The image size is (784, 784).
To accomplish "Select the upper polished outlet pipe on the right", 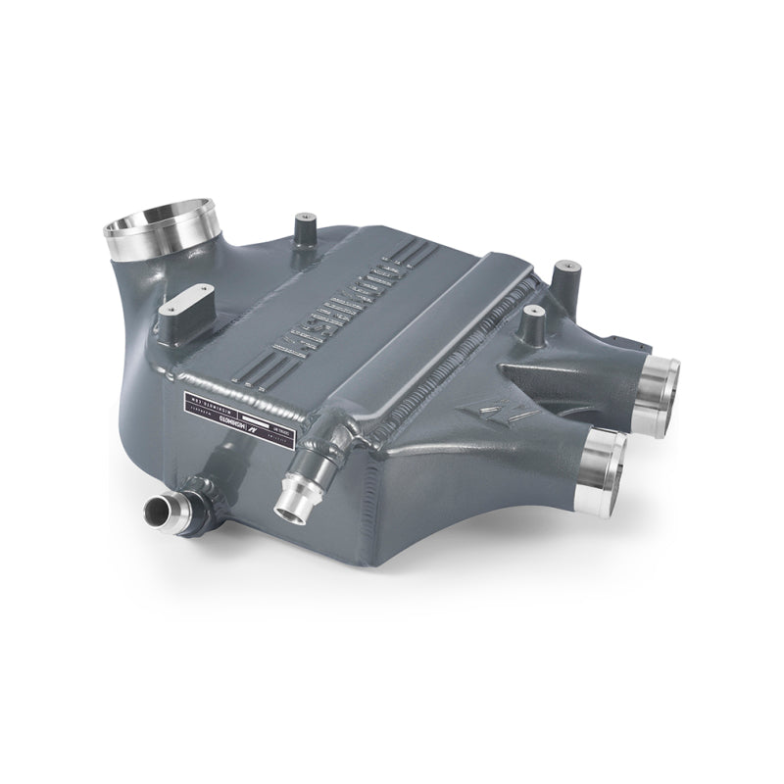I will pyautogui.click(x=661, y=392).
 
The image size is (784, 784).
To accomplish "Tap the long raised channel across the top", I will pyautogui.click(x=431, y=323).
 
